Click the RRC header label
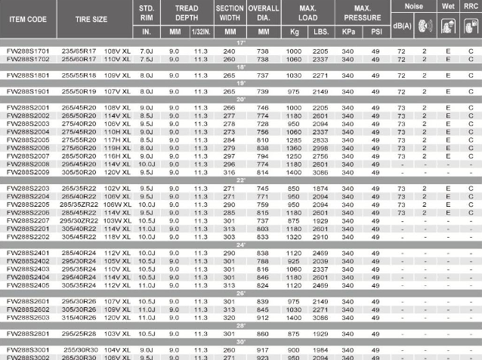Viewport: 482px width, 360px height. [471, 5]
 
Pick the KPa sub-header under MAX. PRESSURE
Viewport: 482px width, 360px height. [348, 32]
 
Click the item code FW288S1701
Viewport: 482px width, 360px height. [26, 50]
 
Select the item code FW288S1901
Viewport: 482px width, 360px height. [26, 91]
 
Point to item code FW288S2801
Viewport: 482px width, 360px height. [26, 332]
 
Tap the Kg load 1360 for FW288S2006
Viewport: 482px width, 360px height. [294, 148]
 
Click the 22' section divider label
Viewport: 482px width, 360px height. [241, 180]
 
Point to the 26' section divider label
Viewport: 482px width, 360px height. [241, 294]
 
